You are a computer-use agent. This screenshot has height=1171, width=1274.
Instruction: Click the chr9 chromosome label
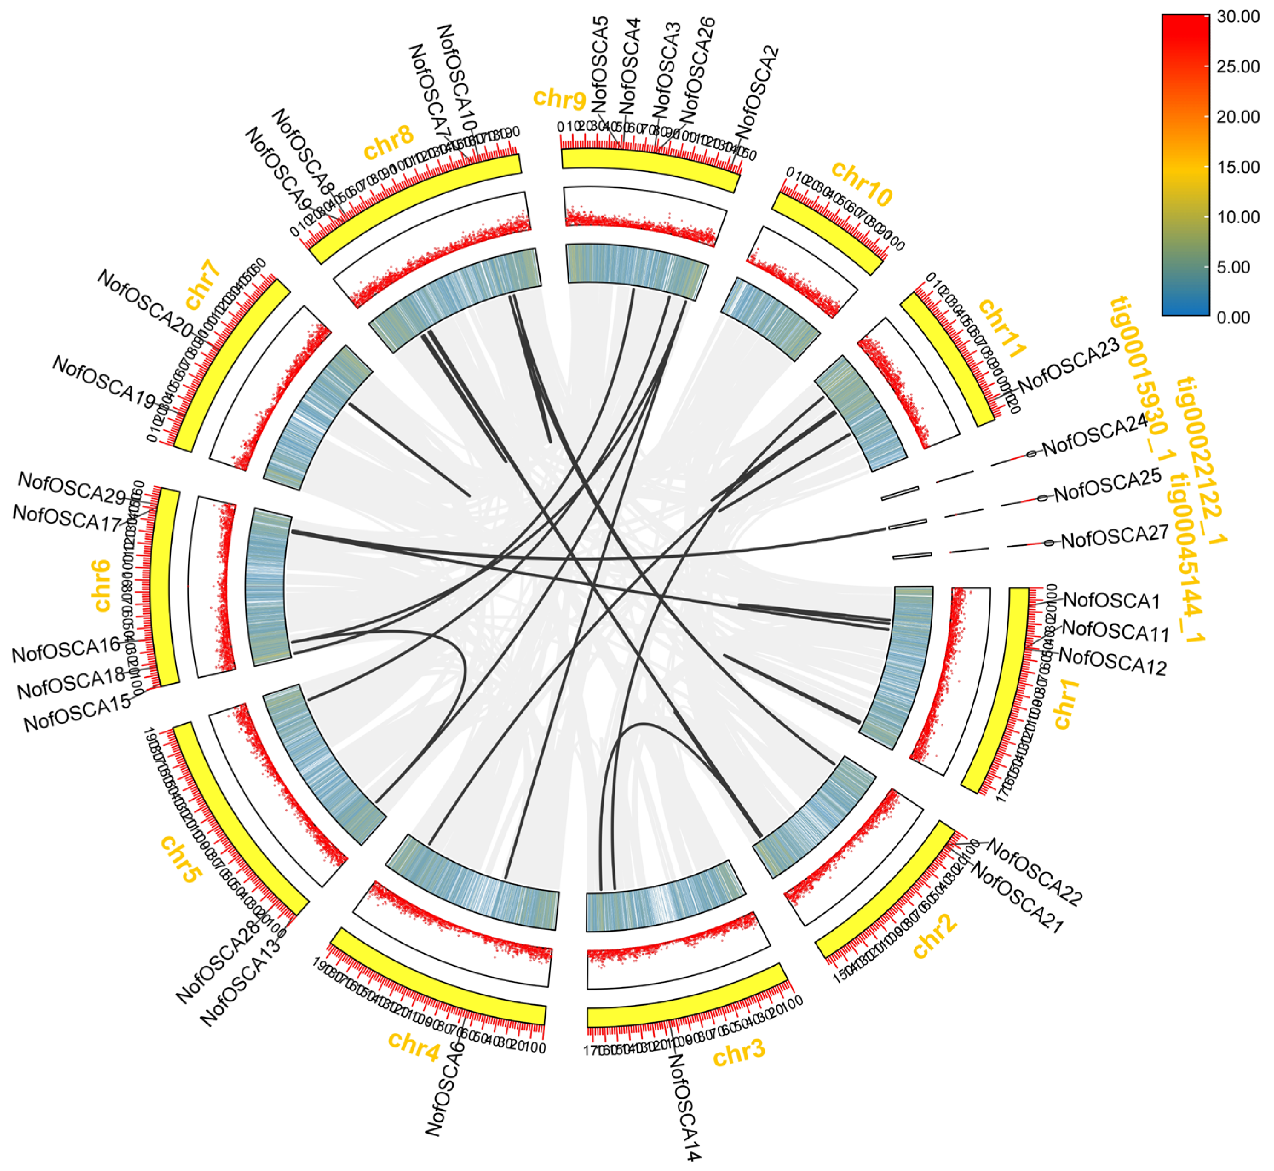coord(559,98)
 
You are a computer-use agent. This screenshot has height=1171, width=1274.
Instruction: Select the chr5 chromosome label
coord(181,859)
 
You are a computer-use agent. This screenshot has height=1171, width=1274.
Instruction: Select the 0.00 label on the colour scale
coord(1234,317)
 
